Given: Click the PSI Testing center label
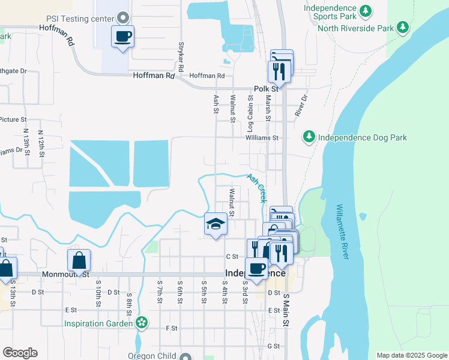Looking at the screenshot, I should tap(76, 18).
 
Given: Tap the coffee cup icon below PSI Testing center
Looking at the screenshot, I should tap(122, 37).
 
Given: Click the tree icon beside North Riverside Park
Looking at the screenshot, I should tap(403, 28).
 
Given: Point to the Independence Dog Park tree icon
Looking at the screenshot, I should tap(309, 137).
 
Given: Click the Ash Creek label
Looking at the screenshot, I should tap(257, 187).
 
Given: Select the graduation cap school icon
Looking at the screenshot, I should tap(215, 224).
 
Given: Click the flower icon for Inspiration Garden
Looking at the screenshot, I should tap(142, 323).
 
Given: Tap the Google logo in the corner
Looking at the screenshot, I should tap(20, 353).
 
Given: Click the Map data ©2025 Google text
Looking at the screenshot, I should tap(411, 355).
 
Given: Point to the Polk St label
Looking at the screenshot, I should tap(267, 88).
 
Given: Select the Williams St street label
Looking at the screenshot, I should tap(262, 137).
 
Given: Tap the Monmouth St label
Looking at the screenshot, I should tap(65, 274).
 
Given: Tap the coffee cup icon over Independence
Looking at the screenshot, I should tap(256, 269).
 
